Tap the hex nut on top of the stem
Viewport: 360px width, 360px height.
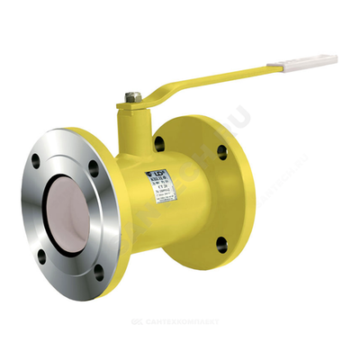132,93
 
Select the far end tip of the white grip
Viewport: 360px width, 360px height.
335,59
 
